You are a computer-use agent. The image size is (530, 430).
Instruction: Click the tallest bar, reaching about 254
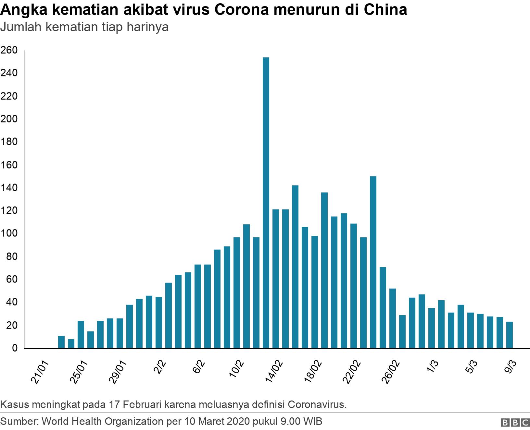click(x=266, y=203)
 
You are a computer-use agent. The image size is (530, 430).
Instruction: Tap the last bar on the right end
click(x=509, y=335)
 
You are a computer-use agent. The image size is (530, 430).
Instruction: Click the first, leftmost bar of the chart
click(x=61, y=342)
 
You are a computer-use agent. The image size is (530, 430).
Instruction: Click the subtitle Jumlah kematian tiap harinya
click(x=84, y=27)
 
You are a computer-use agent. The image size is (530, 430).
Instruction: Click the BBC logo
click(x=514, y=423)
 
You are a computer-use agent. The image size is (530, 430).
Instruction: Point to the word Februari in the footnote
click(x=142, y=405)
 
